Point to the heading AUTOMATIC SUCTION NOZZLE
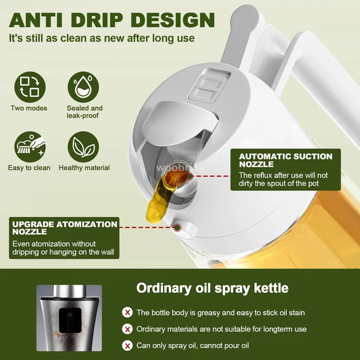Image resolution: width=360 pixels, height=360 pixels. pos(285,160)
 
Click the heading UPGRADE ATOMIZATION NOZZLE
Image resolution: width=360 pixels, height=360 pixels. pos(64,228)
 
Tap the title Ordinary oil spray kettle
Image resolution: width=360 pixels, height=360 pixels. pos(212,288)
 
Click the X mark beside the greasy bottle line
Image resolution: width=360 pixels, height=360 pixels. pos(128,312)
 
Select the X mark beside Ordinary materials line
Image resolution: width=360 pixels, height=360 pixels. pos(128,329)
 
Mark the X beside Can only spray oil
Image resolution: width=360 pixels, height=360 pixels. pos(128,346)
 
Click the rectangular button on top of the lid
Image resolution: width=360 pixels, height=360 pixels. pos(207,85)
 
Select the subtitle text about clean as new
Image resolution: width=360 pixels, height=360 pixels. pos(102,38)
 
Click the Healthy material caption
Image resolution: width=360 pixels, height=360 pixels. pos(84,168)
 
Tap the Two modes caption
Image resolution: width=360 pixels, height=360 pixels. pos(29,108)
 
